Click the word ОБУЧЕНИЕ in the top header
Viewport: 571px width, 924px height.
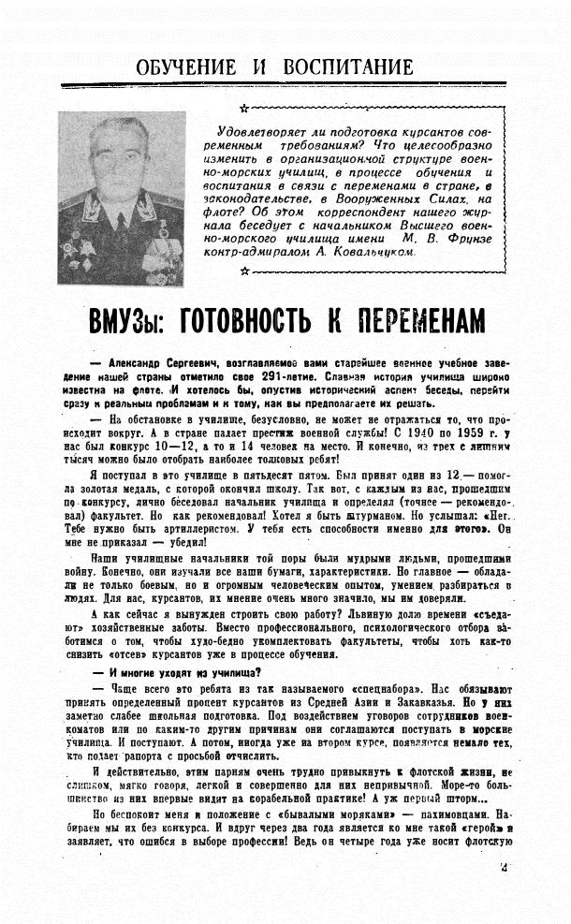187,67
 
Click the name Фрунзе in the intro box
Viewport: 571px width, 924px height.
486,240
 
